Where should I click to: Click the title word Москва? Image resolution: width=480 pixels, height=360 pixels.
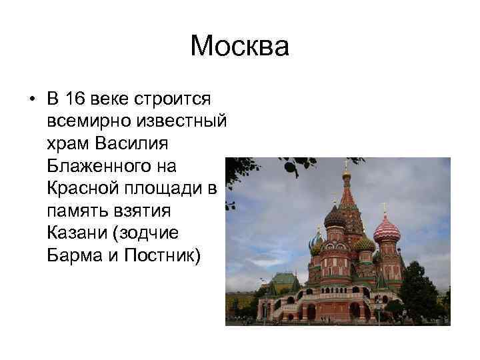click(x=239, y=47)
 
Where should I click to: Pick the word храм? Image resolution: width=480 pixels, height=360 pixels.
click(x=69, y=143)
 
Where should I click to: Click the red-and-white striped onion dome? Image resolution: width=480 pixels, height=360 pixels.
click(x=387, y=230)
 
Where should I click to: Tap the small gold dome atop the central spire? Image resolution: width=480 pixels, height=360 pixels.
click(x=346, y=175)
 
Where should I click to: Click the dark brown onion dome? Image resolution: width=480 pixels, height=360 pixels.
click(x=335, y=216)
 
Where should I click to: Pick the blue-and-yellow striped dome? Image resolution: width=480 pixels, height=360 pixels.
click(x=315, y=241)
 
